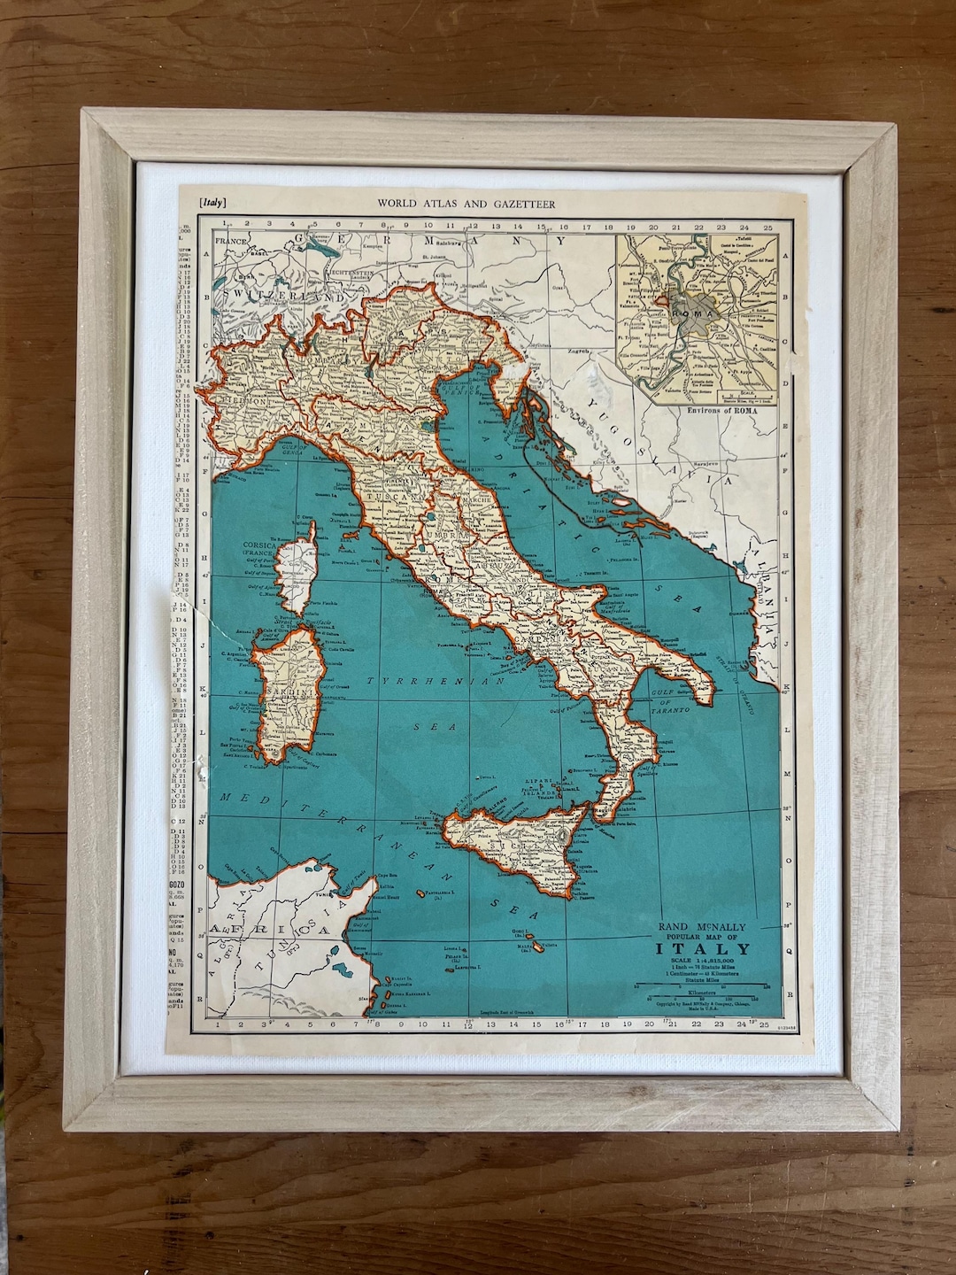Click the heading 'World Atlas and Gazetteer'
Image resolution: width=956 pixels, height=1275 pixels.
point(466,204)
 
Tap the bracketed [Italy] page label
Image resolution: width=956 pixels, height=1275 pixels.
point(213,203)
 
